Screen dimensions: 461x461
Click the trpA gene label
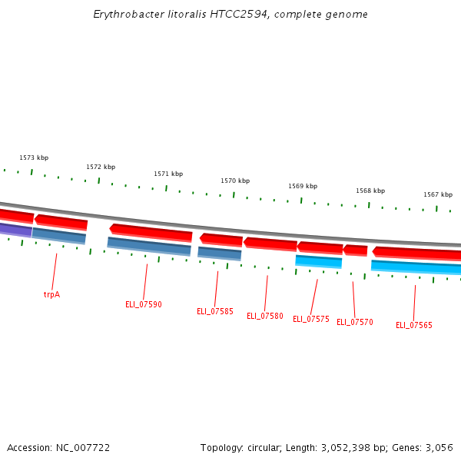pyautogui.click(x=51, y=294)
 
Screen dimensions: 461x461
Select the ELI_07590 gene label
pyautogui.click(x=144, y=304)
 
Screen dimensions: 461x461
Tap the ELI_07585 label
pyautogui.click(x=215, y=311)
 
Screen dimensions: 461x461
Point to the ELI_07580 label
pyautogui.click(x=265, y=316)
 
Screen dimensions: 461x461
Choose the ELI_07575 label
pyautogui.click(x=311, y=319)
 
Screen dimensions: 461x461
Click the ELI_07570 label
pyautogui.click(x=355, y=322)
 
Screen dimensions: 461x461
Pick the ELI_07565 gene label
pyautogui.click(x=414, y=325)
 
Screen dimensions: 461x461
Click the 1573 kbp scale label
pyautogui.click(x=34, y=158)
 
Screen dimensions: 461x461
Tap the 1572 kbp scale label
pyautogui.click(x=101, y=167)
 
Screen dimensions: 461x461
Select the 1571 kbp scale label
pyautogui.click(x=168, y=174)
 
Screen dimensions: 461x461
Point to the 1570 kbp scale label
pyautogui.click(x=235, y=181)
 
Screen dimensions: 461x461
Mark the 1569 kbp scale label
pyautogui.click(x=303, y=186)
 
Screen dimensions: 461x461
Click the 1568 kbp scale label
pyautogui.click(x=370, y=191)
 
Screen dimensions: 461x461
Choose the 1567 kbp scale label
pyautogui.click(x=438, y=194)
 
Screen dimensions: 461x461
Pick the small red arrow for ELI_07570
pyautogui.click(x=355, y=250)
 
